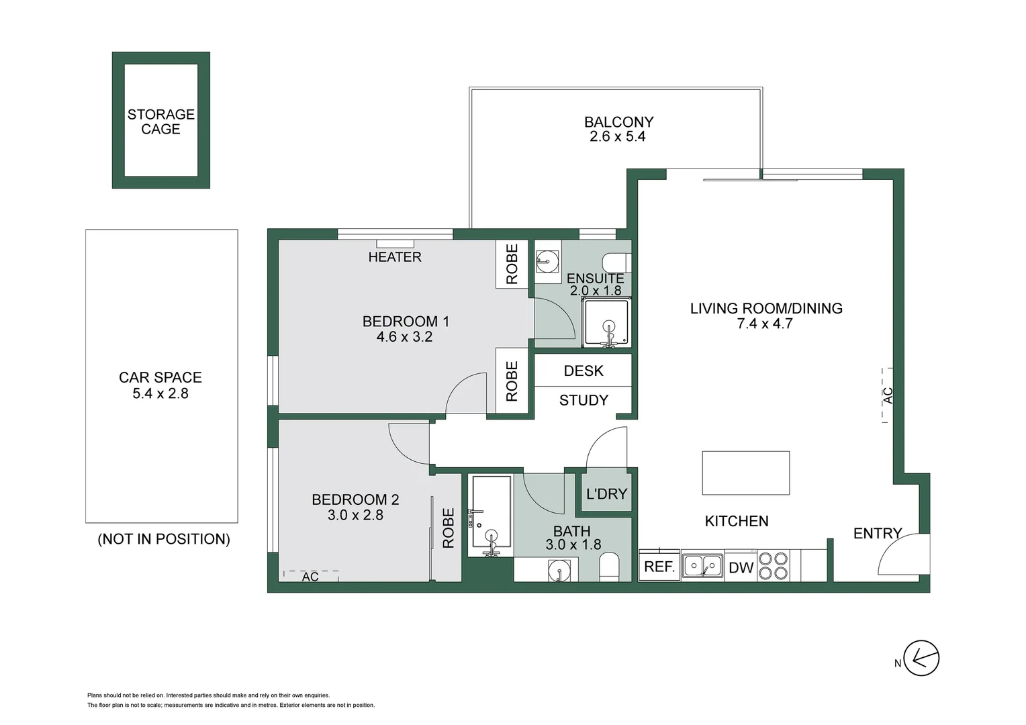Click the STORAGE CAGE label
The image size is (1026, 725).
(160, 122)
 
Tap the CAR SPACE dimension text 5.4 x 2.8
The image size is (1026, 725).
(160, 394)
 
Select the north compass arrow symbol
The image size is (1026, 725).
(921, 658)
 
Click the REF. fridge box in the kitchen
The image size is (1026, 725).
(659, 567)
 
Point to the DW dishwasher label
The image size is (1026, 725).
(741, 568)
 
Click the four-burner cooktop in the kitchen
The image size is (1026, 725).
(773, 565)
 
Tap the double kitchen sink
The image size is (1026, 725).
(702, 566)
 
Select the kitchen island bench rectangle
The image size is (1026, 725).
(745, 473)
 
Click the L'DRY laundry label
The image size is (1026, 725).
(606, 494)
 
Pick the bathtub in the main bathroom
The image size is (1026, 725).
(491, 513)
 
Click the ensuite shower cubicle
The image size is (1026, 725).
(607, 323)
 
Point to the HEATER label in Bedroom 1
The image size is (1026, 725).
(395, 257)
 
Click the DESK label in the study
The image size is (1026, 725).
(583, 371)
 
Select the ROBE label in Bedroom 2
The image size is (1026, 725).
(449, 528)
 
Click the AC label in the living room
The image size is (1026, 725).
(888, 395)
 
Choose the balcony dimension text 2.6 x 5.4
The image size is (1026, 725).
(617, 137)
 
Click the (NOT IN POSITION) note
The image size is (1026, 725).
(164, 539)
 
